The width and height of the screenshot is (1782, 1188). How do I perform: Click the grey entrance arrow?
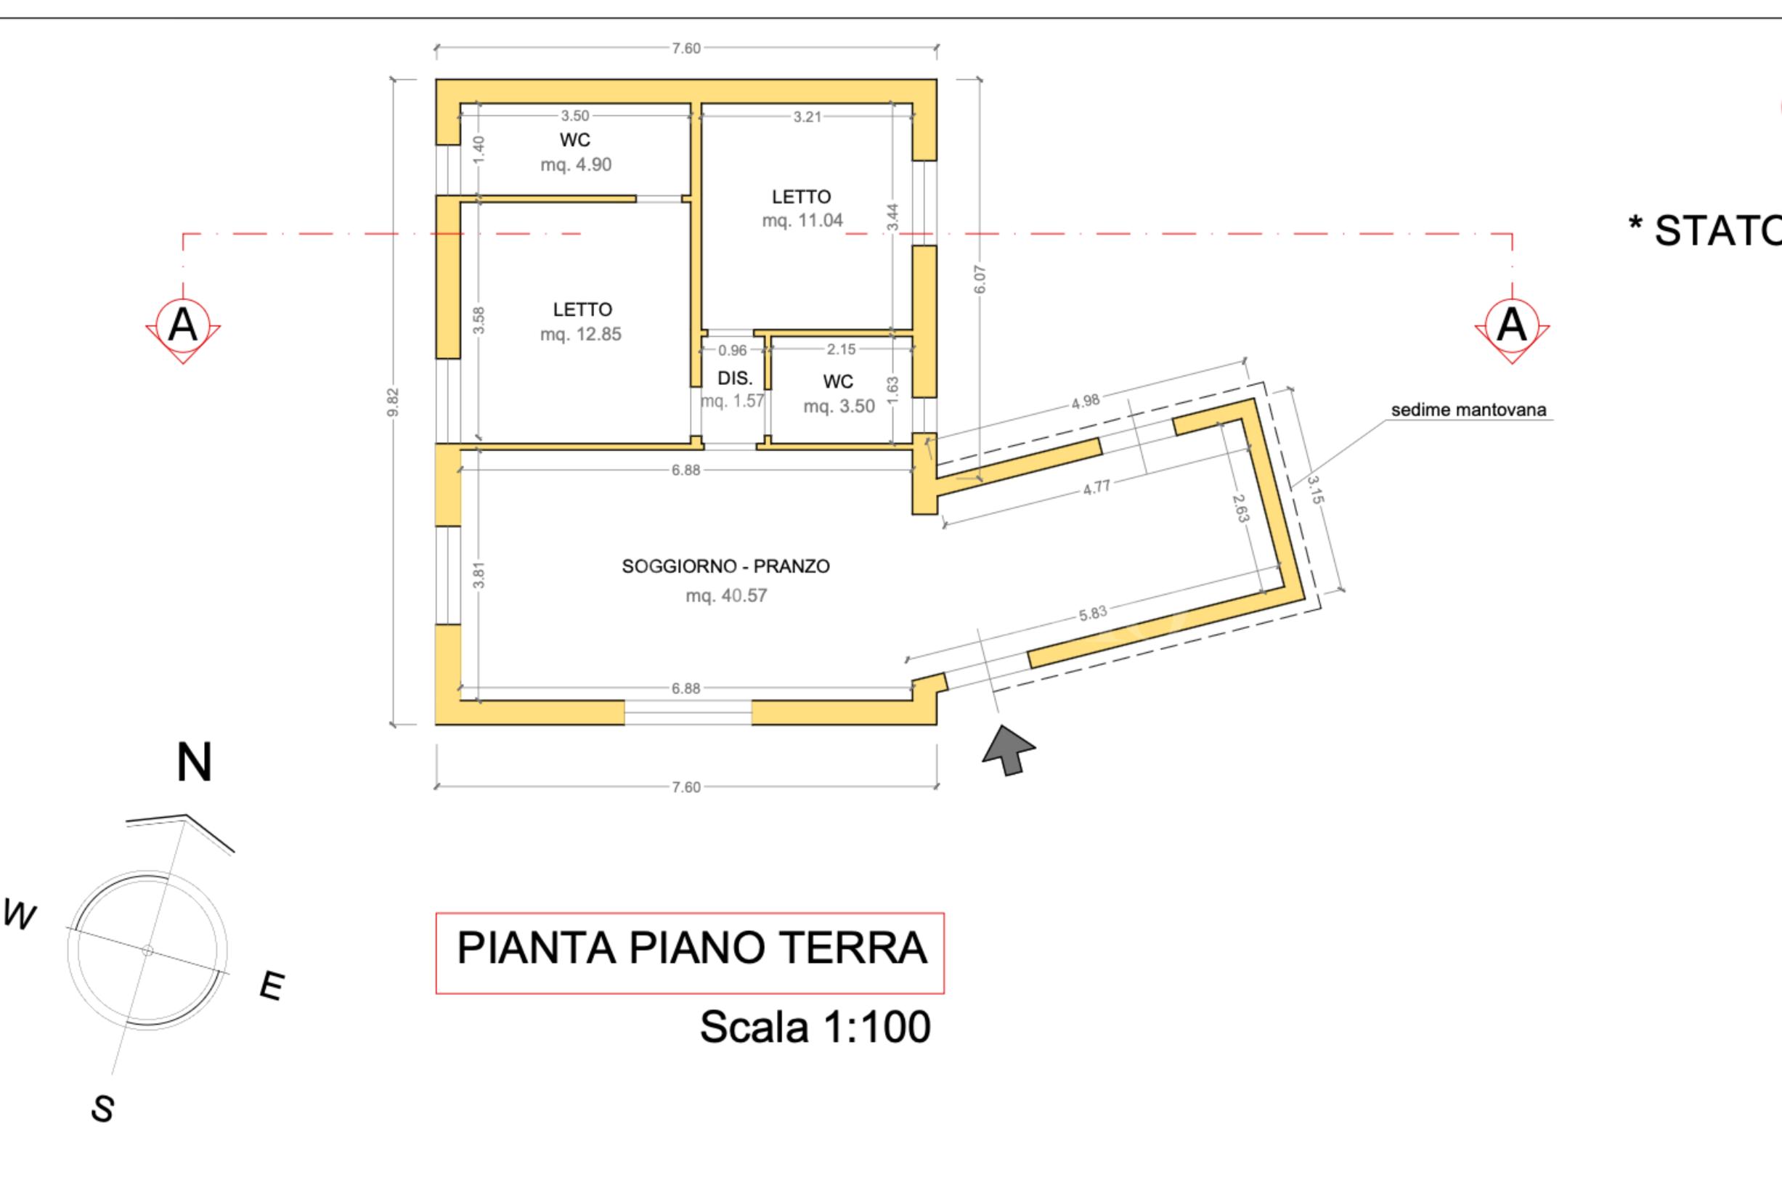(1009, 750)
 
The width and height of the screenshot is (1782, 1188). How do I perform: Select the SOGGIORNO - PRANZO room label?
(725, 566)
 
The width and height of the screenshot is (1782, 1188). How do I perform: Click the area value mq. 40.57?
(726, 595)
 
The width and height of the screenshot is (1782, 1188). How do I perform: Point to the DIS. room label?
(734, 378)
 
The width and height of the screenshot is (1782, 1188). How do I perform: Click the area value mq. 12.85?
(580, 334)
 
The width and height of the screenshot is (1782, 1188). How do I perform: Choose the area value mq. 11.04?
(802, 221)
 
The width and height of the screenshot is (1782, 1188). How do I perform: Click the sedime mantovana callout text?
(1468, 410)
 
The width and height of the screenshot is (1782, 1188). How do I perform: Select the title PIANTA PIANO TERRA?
(691, 948)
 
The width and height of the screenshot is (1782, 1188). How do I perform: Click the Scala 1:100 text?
(815, 1027)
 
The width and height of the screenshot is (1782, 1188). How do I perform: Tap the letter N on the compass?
(194, 762)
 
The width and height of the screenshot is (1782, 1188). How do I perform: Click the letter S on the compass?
(103, 1109)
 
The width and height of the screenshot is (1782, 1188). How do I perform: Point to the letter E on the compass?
(272, 985)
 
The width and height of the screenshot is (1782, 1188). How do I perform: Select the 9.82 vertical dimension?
(392, 402)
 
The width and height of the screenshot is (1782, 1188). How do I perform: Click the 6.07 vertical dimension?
(980, 279)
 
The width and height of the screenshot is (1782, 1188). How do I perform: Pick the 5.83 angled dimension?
(1094, 613)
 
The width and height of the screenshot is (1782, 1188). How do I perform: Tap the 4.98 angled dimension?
(1085, 402)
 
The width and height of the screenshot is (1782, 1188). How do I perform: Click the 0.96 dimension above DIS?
(732, 350)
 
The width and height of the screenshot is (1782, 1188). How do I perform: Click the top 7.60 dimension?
(685, 49)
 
